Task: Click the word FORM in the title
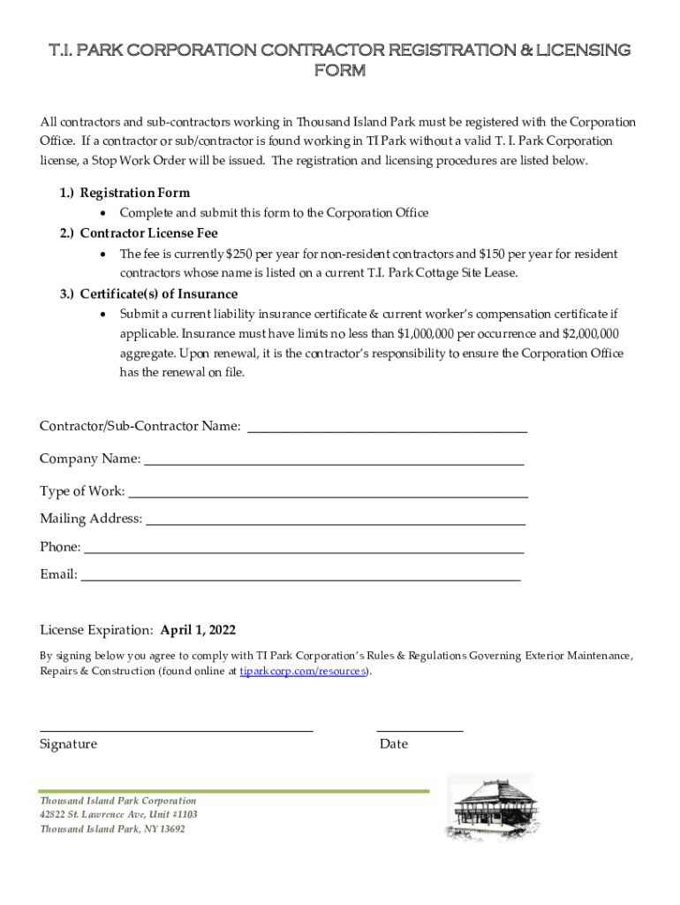point(340,71)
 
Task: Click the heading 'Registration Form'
point(134,193)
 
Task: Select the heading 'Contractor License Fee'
point(148,234)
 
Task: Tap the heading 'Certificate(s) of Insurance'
point(158,294)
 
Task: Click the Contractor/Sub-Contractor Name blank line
point(387,430)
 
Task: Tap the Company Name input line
point(334,463)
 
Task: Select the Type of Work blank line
point(329,496)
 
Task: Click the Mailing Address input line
point(336,523)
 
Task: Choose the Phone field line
point(304,552)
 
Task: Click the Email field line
point(300,580)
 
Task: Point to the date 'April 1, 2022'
point(198,630)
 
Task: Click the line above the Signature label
point(177,730)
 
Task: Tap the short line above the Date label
point(419,730)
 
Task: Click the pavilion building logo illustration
point(490,807)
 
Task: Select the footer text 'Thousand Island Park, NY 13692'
point(112,829)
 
